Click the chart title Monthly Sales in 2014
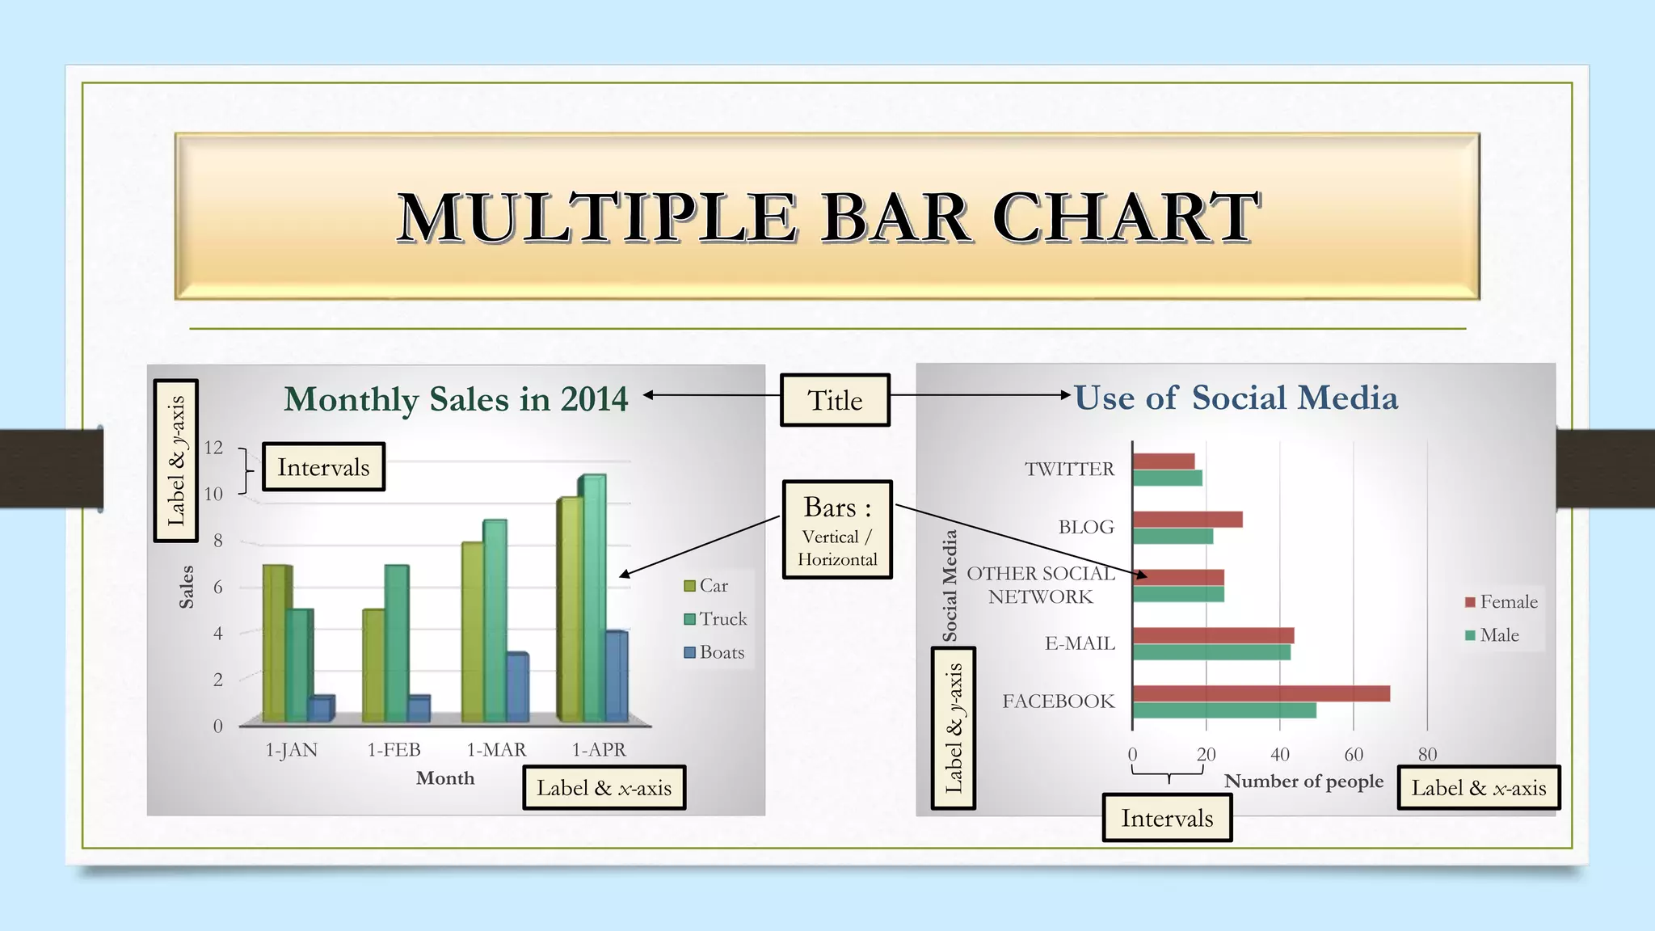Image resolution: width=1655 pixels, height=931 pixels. pyautogui.click(x=456, y=399)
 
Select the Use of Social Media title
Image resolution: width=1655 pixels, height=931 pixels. pyautogui.click(x=1236, y=398)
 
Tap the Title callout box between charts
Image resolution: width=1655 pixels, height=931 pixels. pyautogui.click(x=835, y=400)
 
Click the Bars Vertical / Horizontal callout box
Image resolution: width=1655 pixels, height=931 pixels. pyautogui.click(x=837, y=529)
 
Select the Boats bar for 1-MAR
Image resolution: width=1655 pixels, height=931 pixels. pyautogui.click(x=517, y=687)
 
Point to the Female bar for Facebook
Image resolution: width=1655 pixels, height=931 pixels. pyautogui.click(x=1261, y=693)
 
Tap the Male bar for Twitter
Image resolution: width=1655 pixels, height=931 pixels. pyautogui.click(x=1167, y=478)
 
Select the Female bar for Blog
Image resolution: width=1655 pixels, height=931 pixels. pyautogui.click(x=1187, y=520)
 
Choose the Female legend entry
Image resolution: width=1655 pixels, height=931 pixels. pyautogui.click(x=1501, y=602)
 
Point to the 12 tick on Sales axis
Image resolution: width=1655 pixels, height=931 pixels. pyautogui.click(x=213, y=447)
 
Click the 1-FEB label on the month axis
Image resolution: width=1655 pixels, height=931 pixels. pyautogui.click(x=394, y=750)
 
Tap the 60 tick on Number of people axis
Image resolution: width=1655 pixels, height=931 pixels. pyautogui.click(x=1354, y=755)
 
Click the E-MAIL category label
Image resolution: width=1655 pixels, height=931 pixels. pyautogui.click(x=1080, y=643)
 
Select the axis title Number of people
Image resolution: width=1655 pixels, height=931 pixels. pyautogui.click(x=1303, y=781)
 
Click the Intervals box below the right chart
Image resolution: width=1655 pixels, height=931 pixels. pyautogui.click(x=1167, y=818)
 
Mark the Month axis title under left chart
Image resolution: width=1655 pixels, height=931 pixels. pyautogui.click(x=445, y=778)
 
